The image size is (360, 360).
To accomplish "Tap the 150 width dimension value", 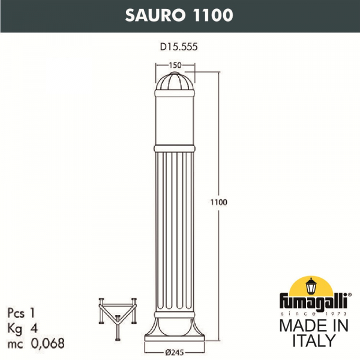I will (176, 64).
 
